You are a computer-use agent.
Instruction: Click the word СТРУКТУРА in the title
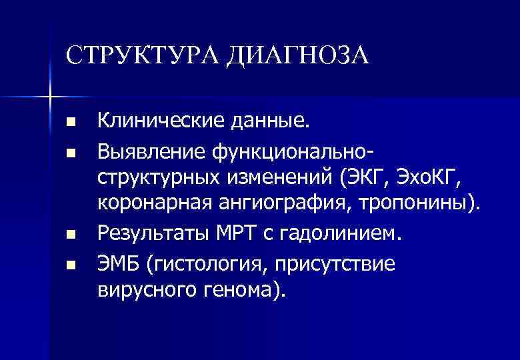(x=143, y=54)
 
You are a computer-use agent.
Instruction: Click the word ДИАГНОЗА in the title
(x=297, y=54)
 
